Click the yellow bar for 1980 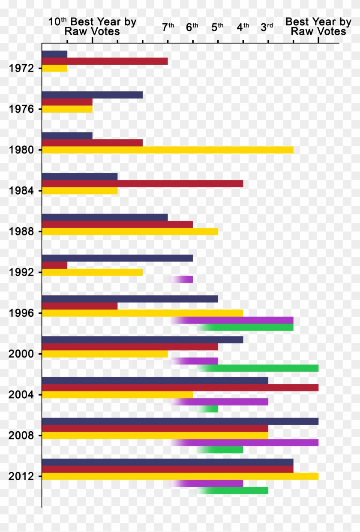pyautogui.click(x=168, y=150)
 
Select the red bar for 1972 pyautogui.click(x=105, y=61)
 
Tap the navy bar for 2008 pyautogui.click(x=180, y=421)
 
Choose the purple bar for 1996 pyautogui.click(x=236, y=320)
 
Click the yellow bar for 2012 pyautogui.click(x=180, y=476)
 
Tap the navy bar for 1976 pyautogui.click(x=92, y=95)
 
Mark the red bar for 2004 pyautogui.click(x=180, y=388)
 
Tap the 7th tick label pyautogui.click(x=168, y=27)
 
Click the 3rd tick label pyautogui.click(x=267, y=27)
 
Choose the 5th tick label pyautogui.click(x=217, y=27)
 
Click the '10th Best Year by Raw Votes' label pyautogui.click(x=92, y=27)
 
